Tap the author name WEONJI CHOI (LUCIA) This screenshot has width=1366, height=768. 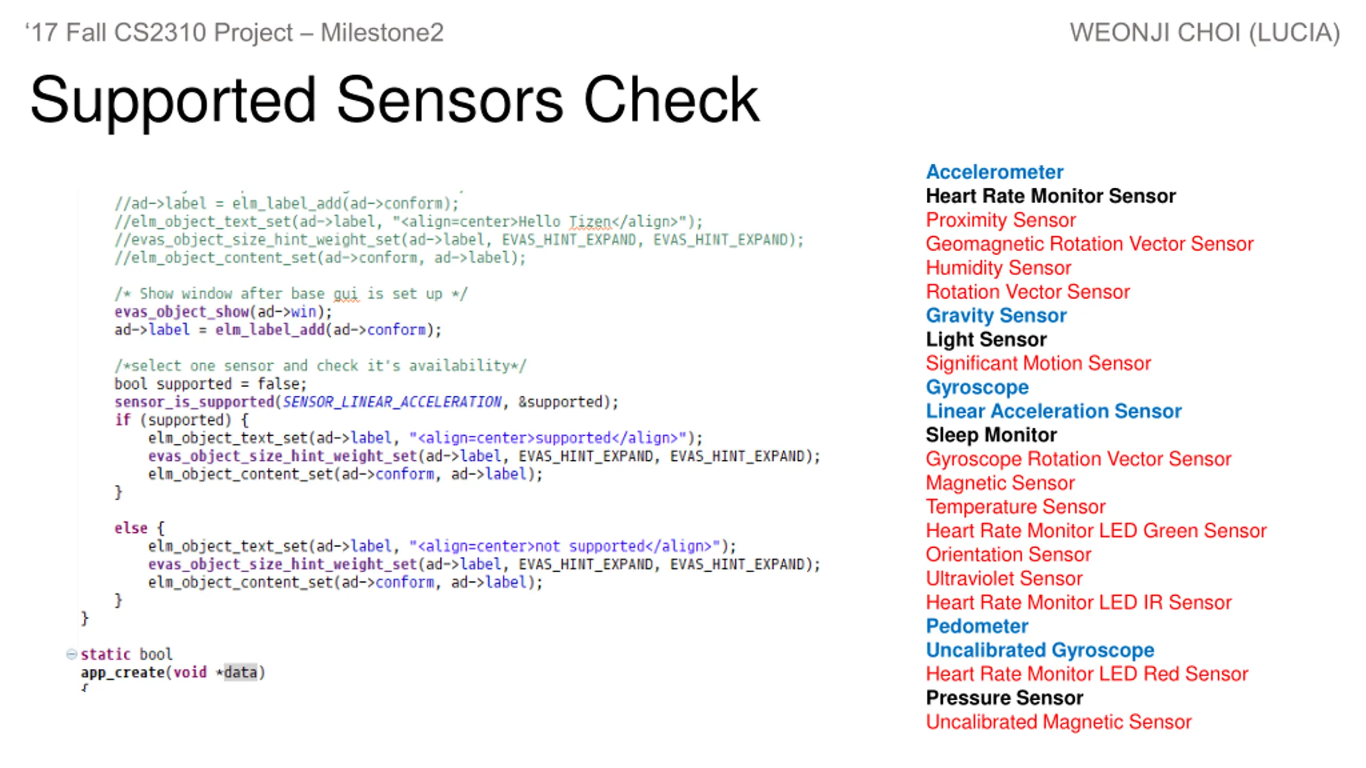coord(1205,33)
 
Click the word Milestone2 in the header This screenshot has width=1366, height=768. coord(382,33)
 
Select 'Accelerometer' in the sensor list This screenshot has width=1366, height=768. coord(995,172)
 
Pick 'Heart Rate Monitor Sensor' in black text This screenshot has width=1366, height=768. coord(1051,196)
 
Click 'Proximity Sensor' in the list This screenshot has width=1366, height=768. coord(1000,220)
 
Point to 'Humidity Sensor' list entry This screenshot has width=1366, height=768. coord(998,268)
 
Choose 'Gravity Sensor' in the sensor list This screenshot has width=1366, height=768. coord(996,315)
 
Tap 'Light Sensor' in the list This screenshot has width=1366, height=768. coord(986,339)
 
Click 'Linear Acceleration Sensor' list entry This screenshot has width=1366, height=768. coord(1054,411)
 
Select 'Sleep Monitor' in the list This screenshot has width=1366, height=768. coord(991,435)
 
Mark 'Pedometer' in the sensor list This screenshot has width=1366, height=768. coord(977,626)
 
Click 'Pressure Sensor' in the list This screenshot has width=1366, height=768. coord(1004,698)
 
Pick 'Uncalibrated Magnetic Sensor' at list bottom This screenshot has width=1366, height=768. coord(1059,722)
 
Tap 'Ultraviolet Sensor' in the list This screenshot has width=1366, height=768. coord(1004,578)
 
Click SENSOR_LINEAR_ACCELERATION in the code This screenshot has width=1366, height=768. coord(392,402)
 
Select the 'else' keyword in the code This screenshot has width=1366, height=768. coord(131,528)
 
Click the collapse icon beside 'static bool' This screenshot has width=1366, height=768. coord(72,654)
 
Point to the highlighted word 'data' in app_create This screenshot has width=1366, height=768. coord(240,672)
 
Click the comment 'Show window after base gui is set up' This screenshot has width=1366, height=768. coord(291,294)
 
